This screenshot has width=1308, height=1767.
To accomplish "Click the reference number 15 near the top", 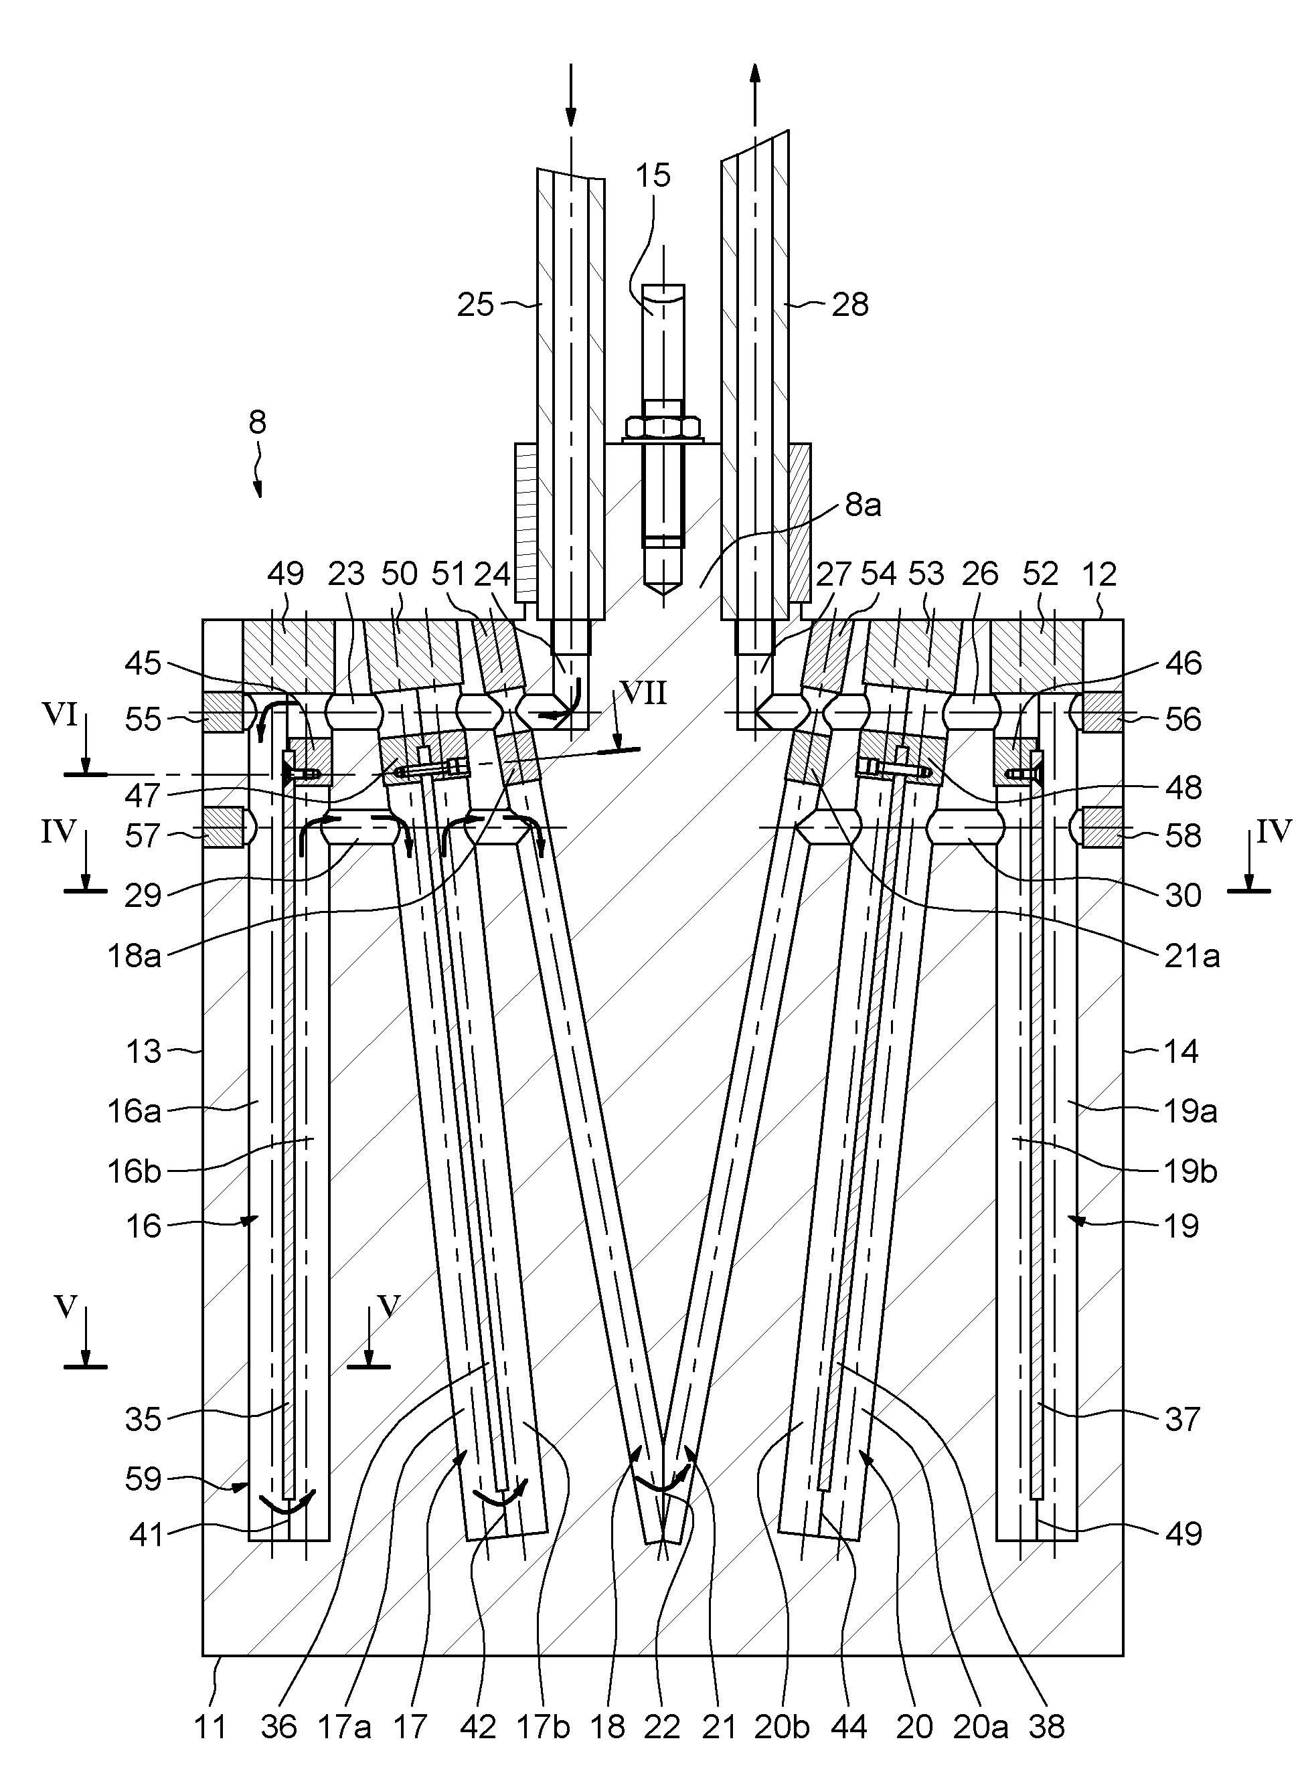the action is pos(653,175).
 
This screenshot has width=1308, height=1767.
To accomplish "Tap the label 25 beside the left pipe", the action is pos(475,304).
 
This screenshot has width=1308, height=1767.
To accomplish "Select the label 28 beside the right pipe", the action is pos(850,304).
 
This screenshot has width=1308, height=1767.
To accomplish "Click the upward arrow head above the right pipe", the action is pos(754,73).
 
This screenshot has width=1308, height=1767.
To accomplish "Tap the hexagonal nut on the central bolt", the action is pos(663,428).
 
